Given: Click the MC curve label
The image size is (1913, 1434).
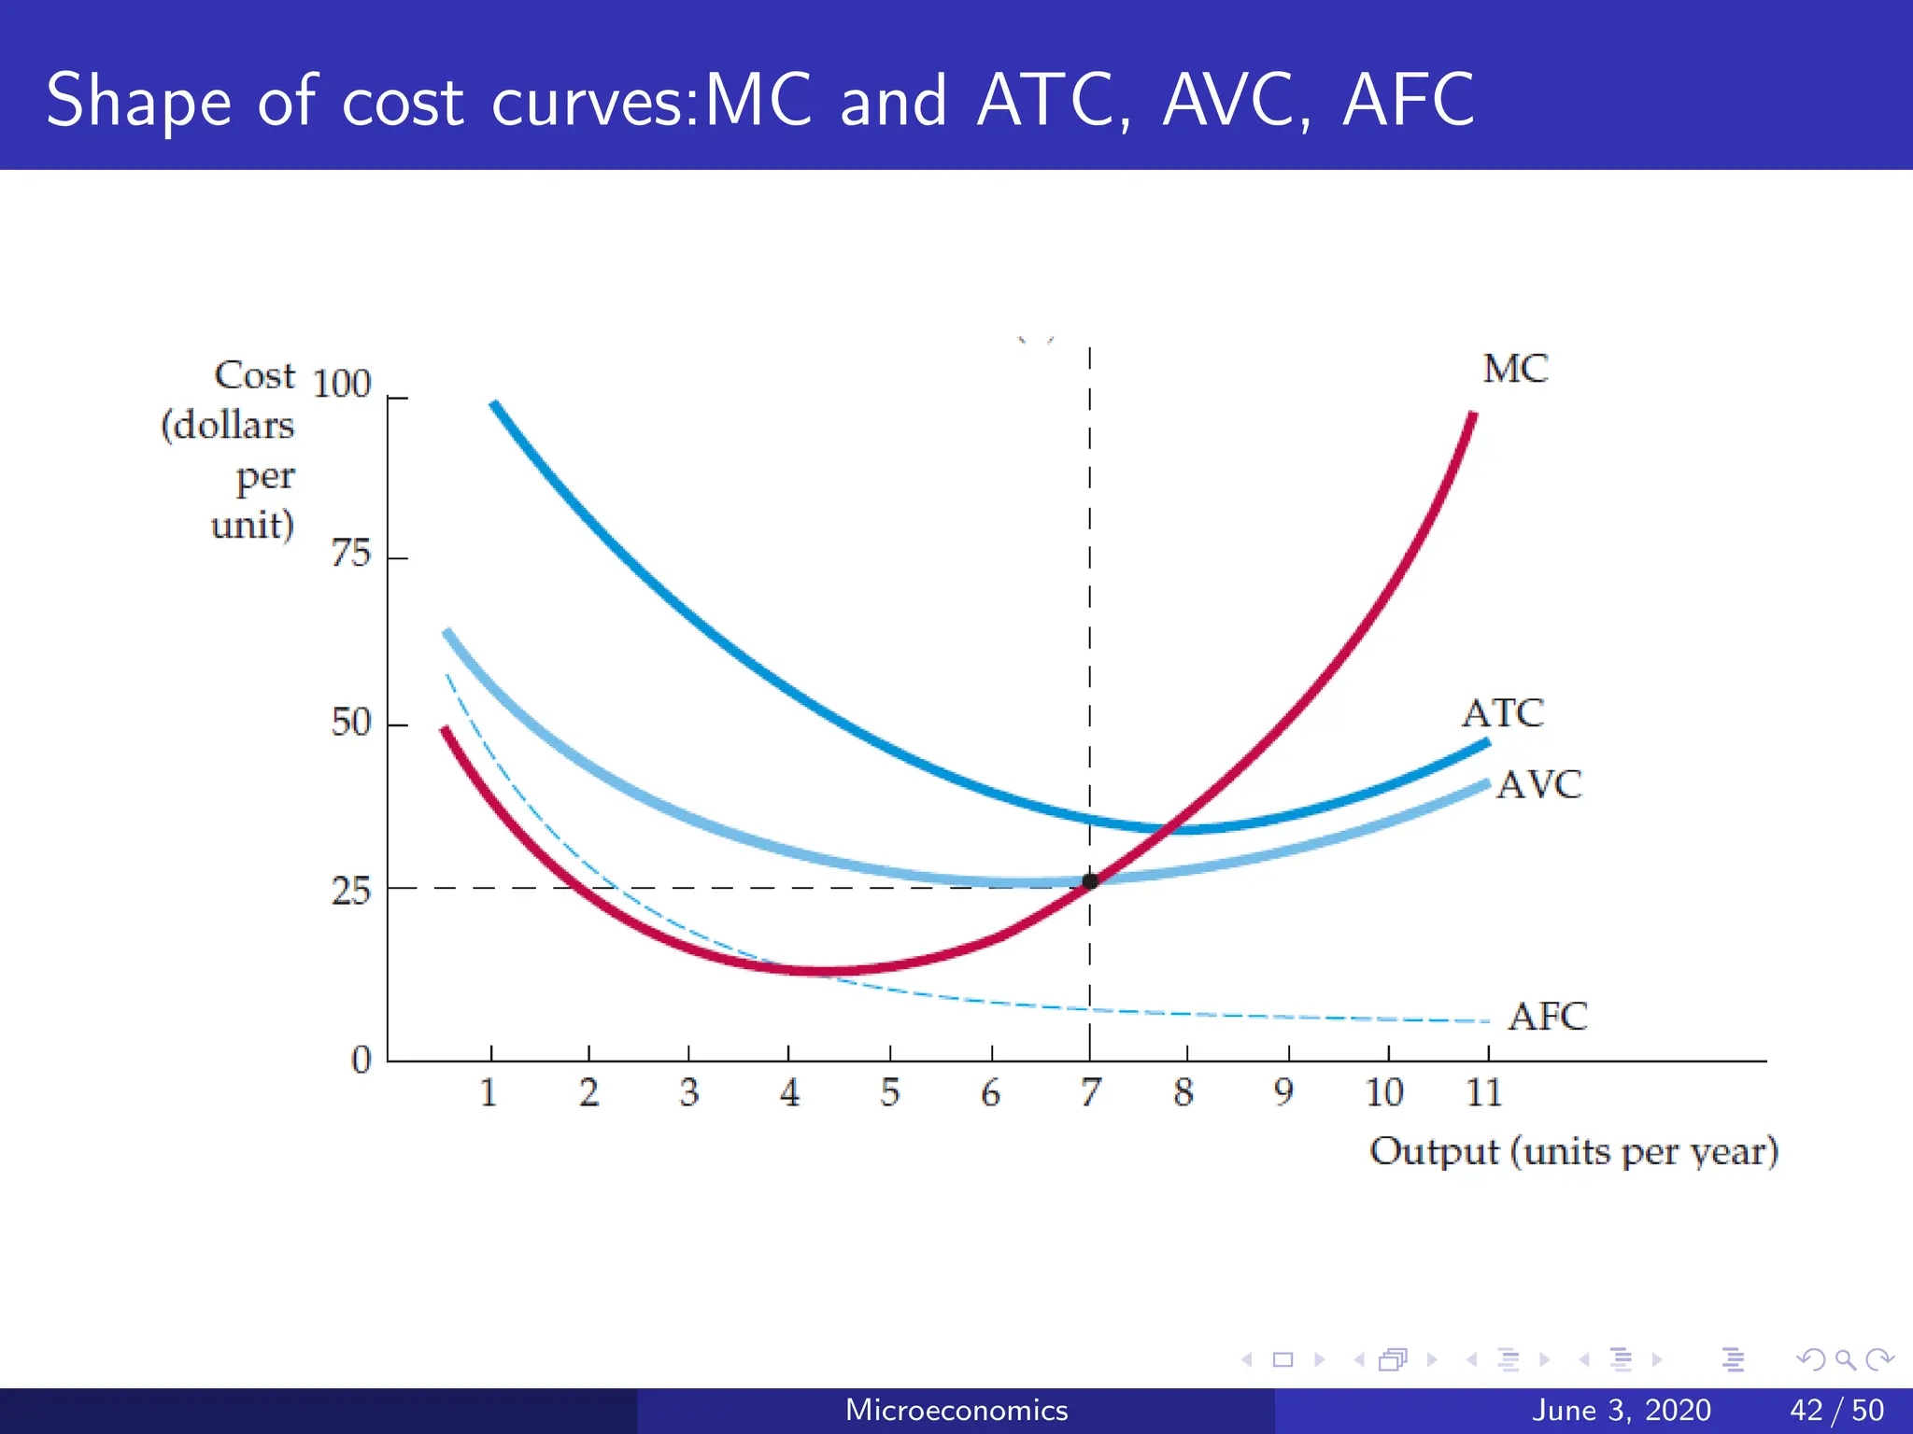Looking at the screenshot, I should [1514, 369].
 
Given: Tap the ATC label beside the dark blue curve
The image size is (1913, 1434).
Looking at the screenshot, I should [1502, 713].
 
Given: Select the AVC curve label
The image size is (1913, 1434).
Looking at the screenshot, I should [1538, 784].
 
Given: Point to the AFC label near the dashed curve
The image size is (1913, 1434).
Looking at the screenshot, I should [1547, 1016].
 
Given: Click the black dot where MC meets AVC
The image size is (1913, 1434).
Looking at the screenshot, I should [1090, 880].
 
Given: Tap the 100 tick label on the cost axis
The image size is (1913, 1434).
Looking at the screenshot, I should [342, 384].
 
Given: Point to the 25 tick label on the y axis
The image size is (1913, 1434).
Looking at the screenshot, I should [351, 891].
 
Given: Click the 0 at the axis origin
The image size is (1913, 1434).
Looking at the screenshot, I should [361, 1060].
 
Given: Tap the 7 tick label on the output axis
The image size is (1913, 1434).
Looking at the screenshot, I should [1090, 1091].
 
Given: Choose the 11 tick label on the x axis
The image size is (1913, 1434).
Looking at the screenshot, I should [1483, 1091].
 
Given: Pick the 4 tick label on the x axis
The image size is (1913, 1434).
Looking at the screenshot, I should [789, 1091].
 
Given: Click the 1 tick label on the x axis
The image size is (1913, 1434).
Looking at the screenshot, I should [489, 1091].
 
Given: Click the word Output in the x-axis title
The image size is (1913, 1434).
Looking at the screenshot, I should [1433, 1151].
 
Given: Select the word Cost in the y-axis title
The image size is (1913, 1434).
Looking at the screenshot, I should [254, 375].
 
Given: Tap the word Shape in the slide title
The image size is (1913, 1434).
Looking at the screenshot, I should [138, 101].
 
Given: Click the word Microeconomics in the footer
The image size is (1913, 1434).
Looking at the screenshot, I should [956, 1410].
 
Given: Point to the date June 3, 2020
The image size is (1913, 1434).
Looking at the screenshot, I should [1622, 1410].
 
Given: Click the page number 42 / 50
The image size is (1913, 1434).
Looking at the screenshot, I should [1836, 1410].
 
